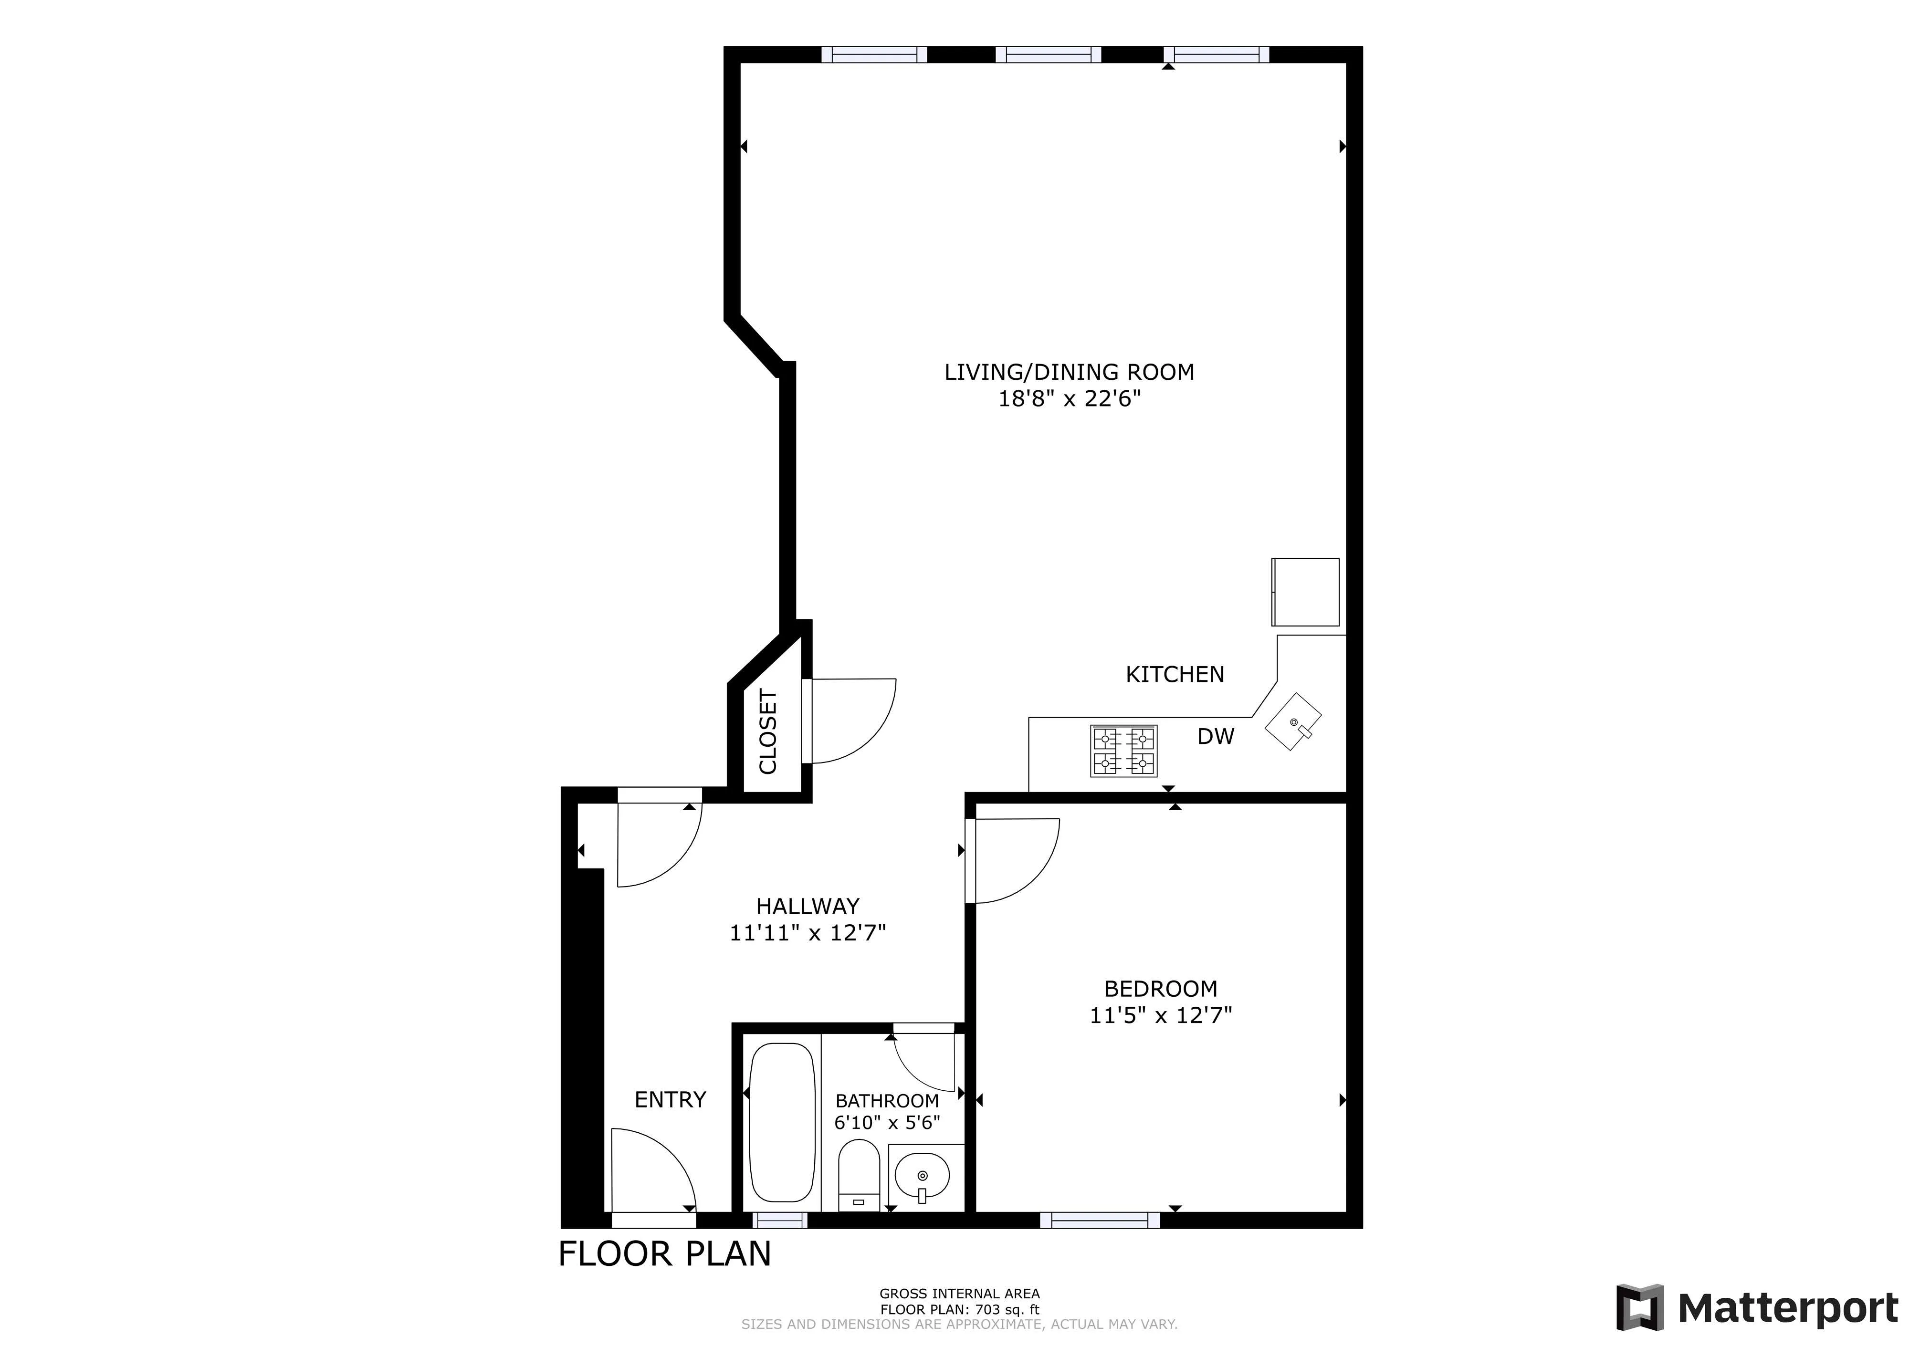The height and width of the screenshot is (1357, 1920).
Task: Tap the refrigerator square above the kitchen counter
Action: pos(1305,592)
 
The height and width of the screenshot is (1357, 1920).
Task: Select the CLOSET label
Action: pos(767,731)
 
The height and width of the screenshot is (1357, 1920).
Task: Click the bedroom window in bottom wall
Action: pos(1100,1220)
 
